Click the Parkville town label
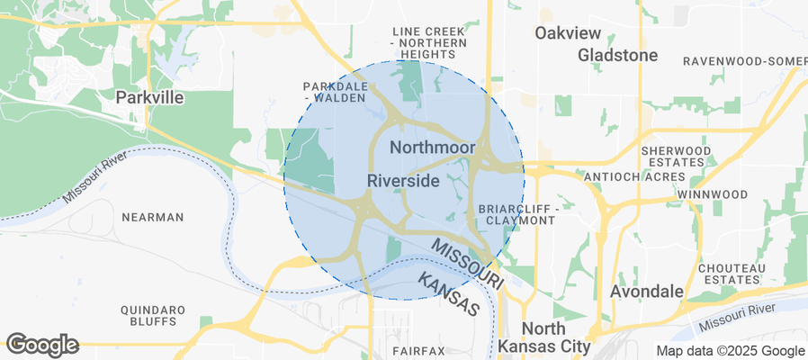click(x=150, y=96)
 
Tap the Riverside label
click(x=403, y=181)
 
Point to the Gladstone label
click(x=617, y=55)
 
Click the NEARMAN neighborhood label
click(x=153, y=217)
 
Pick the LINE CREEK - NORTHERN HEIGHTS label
click(x=429, y=37)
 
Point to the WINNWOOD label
click(x=712, y=194)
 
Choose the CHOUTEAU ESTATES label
click(x=732, y=274)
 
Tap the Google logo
click(x=42, y=344)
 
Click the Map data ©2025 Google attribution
click(x=730, y=351)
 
